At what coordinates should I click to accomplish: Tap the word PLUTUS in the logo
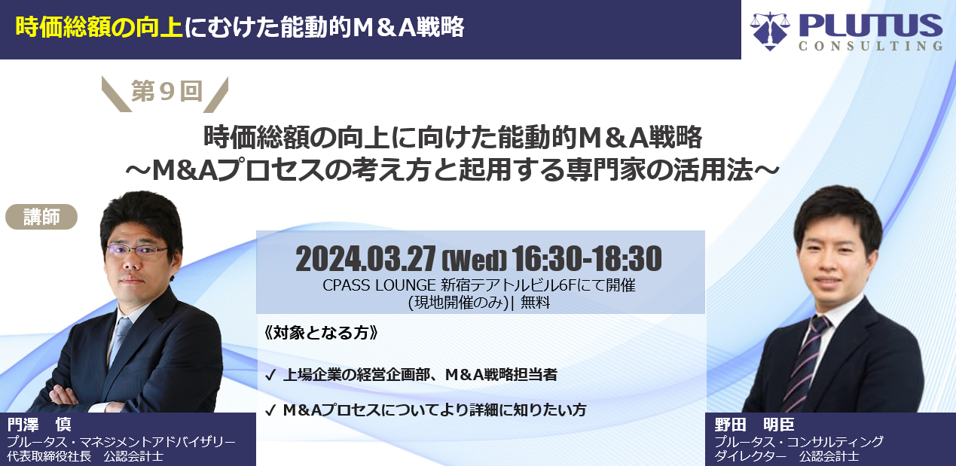[x=871, y=25]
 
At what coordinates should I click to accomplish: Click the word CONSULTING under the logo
[x=871, y=46]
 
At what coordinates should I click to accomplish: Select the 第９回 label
[x=166, y=91]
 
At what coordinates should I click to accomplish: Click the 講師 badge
[x=41, y=217]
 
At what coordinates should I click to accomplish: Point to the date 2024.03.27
[x=366, y=259]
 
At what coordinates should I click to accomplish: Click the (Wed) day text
[x=474, y=260]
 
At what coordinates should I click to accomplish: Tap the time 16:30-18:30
[x=587, y=259]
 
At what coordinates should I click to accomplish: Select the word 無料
[x=535, y=303]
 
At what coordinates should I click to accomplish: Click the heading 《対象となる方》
[x=321, y=333]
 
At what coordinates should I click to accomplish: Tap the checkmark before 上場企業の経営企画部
[x=270, y=375]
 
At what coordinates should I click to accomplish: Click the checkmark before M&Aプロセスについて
[x=270, y=410]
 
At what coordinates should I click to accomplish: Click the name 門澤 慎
[x=39, y=424]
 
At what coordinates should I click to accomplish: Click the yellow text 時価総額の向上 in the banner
[x=99, y=28]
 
